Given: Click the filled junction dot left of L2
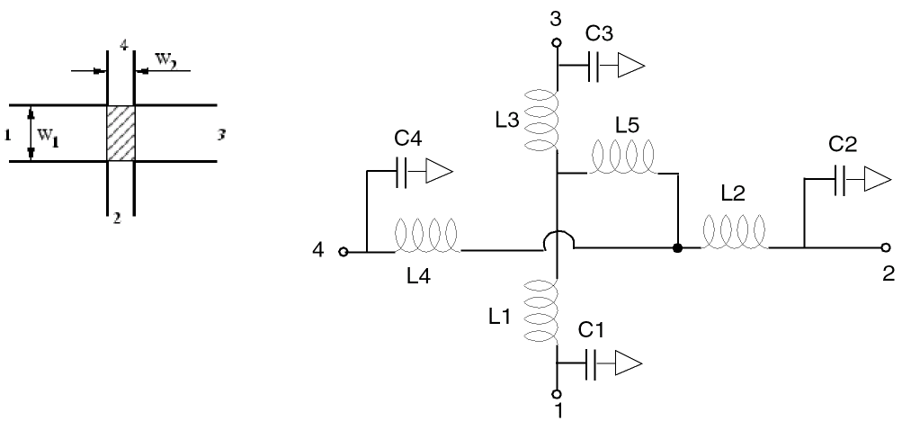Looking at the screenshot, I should click(676, 246).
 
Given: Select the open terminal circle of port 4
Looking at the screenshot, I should click(343, 252).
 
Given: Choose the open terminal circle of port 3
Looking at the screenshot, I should click(557, 42).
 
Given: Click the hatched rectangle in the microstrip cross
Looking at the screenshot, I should click(121, 133).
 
